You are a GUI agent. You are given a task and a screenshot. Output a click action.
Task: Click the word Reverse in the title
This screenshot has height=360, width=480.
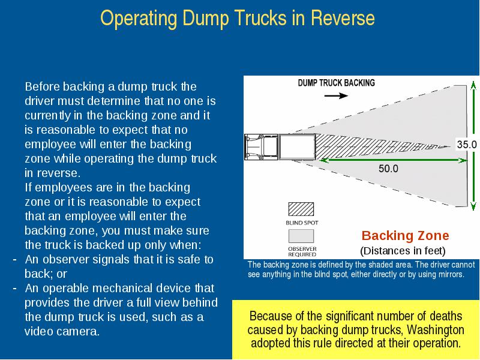click(343, 18)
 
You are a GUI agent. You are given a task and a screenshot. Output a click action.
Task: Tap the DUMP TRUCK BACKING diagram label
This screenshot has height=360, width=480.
click(337, 83)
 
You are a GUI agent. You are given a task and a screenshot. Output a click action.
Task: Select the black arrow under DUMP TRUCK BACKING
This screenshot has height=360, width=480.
click(336, 96)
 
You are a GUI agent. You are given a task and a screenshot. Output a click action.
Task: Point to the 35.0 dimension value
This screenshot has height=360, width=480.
click(467, 144)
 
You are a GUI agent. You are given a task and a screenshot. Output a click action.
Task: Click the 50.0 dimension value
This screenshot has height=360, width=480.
click(388, 169)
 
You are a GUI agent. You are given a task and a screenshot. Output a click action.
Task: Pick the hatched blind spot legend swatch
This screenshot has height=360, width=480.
click(301, 209)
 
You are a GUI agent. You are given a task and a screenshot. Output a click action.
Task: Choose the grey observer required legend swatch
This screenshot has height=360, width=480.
click(301, 236)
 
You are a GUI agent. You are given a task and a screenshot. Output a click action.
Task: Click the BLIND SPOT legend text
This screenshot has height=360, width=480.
click(302, 223)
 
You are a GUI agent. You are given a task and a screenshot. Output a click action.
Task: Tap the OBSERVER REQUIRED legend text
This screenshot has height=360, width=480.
click(302, 251)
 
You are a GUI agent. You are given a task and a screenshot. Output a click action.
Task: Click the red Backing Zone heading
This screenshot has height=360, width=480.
click(406, 235)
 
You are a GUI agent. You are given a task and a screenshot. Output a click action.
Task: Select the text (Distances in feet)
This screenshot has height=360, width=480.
click(403, 251)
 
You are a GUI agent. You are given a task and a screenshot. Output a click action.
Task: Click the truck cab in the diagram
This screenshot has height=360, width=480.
click(261, 147)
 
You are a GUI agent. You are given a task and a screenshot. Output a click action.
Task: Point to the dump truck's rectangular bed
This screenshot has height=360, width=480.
click(297, 147)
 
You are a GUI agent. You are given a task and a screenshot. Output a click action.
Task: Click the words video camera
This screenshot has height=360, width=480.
click(62, 331)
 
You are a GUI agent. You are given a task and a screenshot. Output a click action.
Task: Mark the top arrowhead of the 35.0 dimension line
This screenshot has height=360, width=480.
click(473, 85)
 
